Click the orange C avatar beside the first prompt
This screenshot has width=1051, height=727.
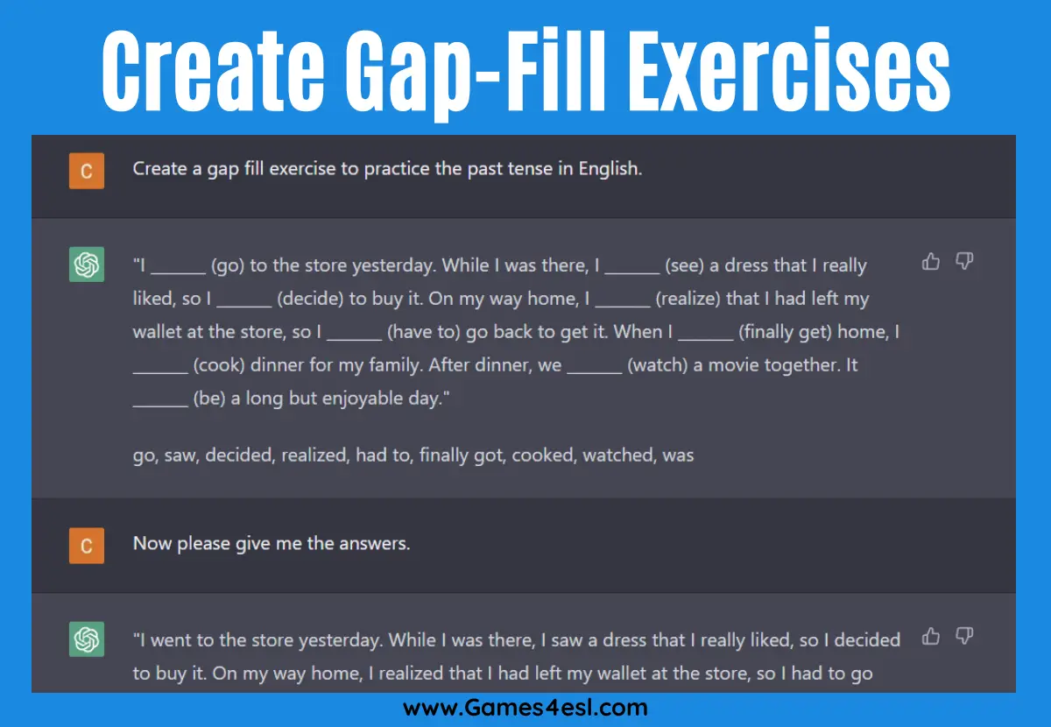pyautogui.click(x=87, y=171)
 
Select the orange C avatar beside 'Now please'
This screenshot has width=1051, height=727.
pyautogui.click(x=87, y=546)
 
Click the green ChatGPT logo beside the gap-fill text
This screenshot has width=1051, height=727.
pyautogui.click(x=87, y=265)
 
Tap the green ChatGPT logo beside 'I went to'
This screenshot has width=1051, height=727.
pyautogui.click(x=87, y=639)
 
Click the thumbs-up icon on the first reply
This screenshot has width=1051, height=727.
pyautogui.click(x=931, y=261)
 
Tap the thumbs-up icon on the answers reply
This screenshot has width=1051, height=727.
pyautogui.click(x=931, y=636)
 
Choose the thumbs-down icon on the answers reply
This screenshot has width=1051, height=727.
pyautogui.click(x=964, y=637)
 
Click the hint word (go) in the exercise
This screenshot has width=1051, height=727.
pyautogui.click(x=228, y=265)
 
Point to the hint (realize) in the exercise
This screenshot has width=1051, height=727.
pyautogui.click(x=688, y=299)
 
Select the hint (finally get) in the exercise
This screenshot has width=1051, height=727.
pyautogui.click(x=786, y=332)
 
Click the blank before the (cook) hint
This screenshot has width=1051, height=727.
pyautogui.click(x=160, y=372)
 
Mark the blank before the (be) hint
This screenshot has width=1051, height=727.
pyautogui.click(x=160, y=406)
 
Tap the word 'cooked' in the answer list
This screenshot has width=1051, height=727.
pyautogui.click(x=544, y=455)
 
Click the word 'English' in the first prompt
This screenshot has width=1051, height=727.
pyautogui.click(x=610, y=169)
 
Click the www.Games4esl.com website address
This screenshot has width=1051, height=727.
pyautogui.click(x=525, y=708)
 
